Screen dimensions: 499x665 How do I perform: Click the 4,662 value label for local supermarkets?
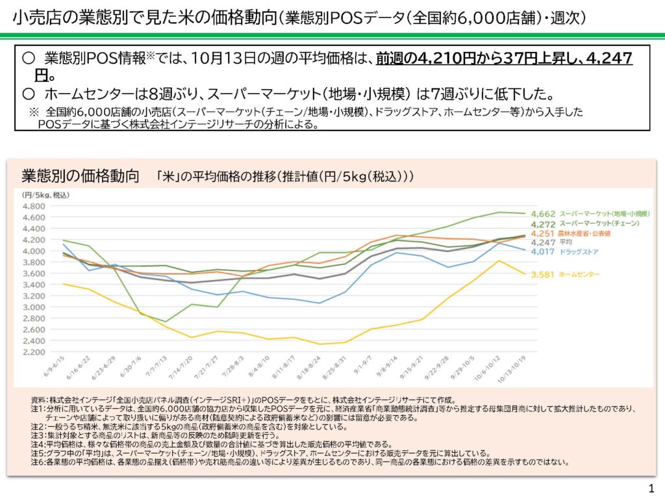[542, 214]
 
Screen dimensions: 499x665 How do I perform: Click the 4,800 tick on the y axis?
[33, 207]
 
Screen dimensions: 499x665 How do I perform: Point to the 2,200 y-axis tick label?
[33, 352]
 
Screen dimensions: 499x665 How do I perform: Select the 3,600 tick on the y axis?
[33, 274]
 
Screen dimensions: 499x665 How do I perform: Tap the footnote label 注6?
[38, 463]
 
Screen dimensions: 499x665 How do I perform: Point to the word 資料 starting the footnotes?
[38, 400]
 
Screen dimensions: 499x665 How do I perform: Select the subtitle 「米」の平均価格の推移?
[214, 177]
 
